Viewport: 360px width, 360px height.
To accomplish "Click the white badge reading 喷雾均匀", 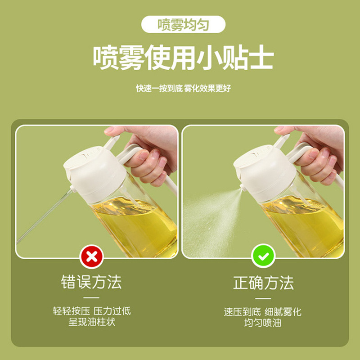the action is (x=183, y=24).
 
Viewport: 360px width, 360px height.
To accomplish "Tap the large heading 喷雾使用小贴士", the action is (x=183, y=58).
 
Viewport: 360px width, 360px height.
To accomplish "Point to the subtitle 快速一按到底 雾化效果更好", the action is (x=183, y=88).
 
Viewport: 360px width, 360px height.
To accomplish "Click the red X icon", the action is (x=92, y=256).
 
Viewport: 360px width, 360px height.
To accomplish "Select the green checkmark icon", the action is (x=263, y=256).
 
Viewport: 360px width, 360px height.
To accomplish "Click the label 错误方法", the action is (x=91, y=282).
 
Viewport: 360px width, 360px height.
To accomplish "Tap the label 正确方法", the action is (x=263, y=283).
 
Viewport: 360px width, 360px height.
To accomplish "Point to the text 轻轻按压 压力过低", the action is (x=92, y=311).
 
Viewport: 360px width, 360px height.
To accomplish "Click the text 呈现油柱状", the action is (x=92, y=322).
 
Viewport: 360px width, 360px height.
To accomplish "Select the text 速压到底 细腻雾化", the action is (x=263, y=312).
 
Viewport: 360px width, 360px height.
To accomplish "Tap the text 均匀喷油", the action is (x=263, y=323).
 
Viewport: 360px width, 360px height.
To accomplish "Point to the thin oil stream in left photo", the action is (x=44, y=216).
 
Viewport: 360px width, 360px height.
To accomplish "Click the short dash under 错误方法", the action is (x=91, y=298).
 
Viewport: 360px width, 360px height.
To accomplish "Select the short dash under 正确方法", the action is (x=263, y=298).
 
